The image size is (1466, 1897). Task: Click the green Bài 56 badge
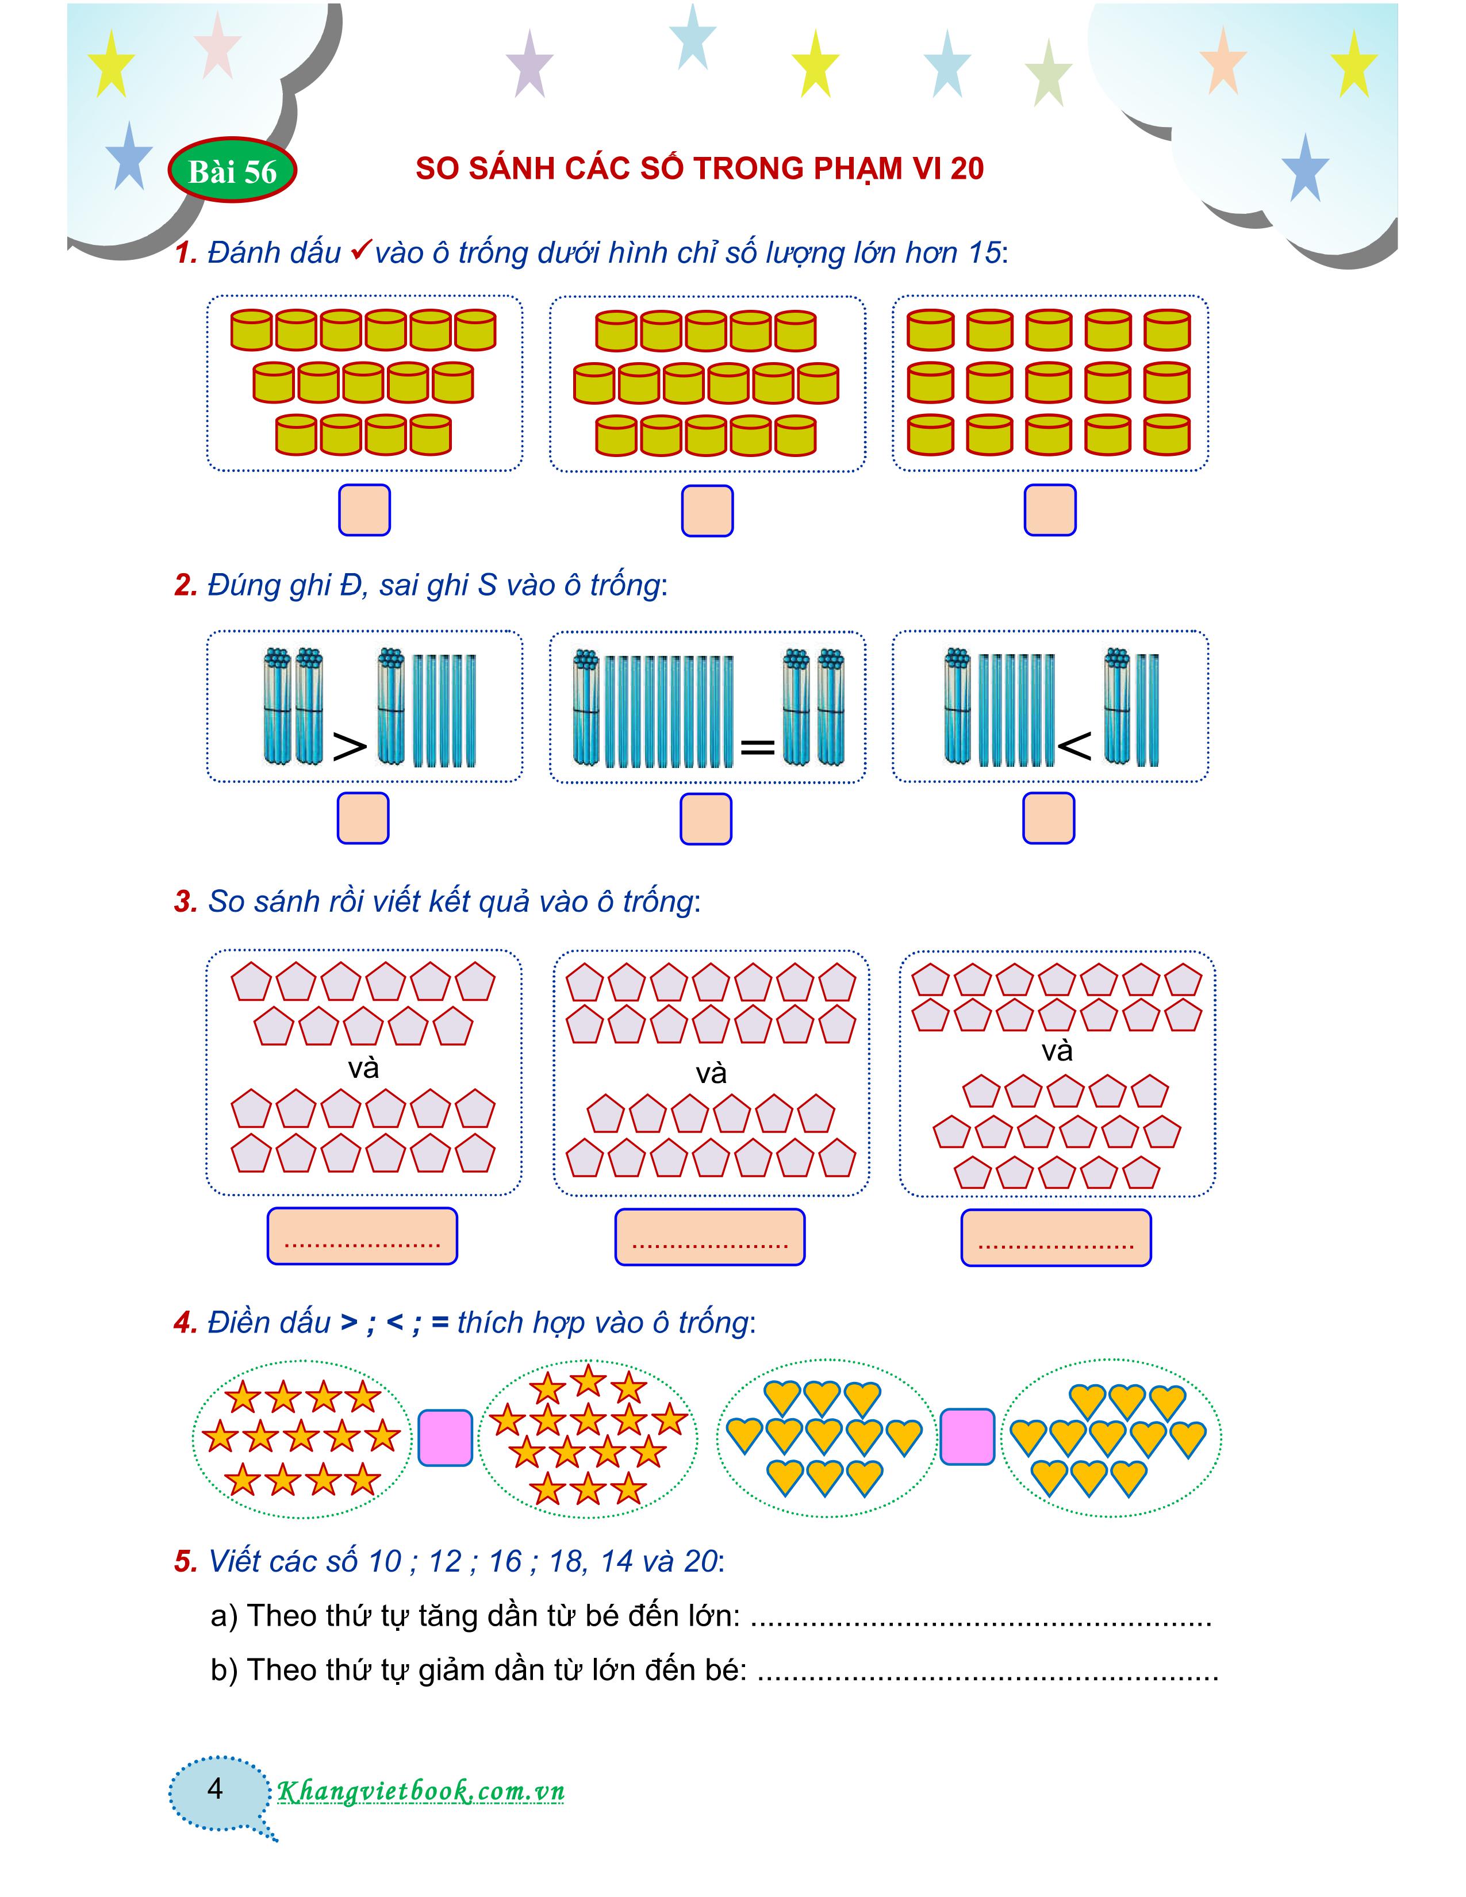tap(231, 171)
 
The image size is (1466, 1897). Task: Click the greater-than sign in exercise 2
tap(350, 745)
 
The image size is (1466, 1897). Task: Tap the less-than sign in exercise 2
tap(1074, 745)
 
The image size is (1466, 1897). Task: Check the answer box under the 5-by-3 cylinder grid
tap(1050, 510)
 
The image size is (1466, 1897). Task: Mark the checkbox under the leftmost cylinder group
tap(364, 510)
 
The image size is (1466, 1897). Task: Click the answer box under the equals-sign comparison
tap(705, 818)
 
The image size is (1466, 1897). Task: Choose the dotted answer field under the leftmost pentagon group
tap(362, 1236)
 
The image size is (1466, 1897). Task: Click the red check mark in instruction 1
tap(360, 251)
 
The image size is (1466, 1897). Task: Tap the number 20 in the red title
tap(966, 168)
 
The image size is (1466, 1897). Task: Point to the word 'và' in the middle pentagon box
tap(711, 1074)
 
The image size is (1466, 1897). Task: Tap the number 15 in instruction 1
tap(984, 253)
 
